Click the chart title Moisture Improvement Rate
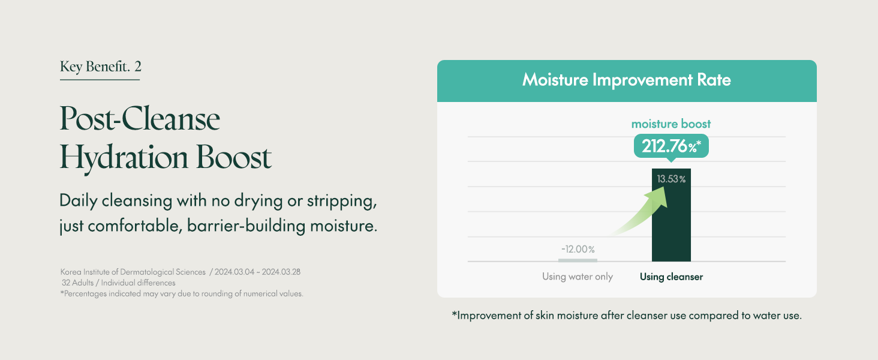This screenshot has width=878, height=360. point(626,80)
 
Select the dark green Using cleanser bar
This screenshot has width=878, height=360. point(671,215)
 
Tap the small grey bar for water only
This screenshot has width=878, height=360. point(578,260)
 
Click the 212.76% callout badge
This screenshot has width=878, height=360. point(671,146)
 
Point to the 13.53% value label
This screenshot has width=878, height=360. point(671,179)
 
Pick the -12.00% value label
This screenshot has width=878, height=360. point(578,249)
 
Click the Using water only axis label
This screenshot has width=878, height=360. point(578,277)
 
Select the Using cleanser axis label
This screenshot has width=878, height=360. point(671,277)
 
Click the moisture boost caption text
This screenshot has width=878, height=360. point(670,124)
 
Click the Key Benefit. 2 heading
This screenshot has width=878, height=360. point(100,67)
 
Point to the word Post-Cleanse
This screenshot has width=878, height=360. point(140,118)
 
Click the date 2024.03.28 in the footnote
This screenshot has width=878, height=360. point(281,272)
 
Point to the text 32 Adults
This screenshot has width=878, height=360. point(77,283)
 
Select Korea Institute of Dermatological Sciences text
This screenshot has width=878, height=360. point(133,272)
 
